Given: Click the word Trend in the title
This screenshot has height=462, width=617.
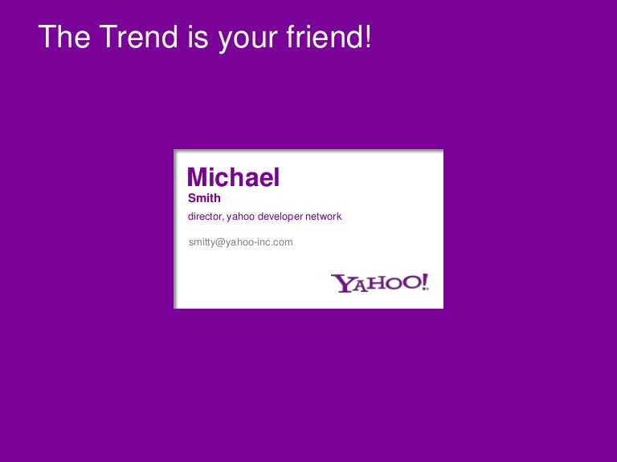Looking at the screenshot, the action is pos(138,37).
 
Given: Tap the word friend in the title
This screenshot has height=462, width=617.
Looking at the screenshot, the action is pos(323,37).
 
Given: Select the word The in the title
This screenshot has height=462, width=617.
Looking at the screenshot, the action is pos(64,37).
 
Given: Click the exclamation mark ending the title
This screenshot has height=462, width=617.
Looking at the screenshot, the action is pos(367,37).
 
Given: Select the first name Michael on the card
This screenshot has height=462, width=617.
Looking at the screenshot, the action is pos(233,177).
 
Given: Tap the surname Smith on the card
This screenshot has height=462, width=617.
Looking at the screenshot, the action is pos(204,198).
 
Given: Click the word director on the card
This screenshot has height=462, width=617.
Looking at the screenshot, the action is pos(205,217).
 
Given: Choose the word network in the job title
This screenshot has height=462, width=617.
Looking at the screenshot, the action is pos(324,217).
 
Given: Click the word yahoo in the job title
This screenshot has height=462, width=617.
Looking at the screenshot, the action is pos(240,217).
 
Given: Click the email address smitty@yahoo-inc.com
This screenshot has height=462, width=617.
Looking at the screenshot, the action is pos(241,242).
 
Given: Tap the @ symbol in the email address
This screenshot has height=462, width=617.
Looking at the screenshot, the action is pos(219,243).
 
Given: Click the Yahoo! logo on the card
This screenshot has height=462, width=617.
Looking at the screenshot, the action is pos(380,283).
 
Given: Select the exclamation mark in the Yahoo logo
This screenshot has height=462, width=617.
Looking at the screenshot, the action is pos(425,282).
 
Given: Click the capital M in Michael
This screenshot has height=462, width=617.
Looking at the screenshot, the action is pos(196,177).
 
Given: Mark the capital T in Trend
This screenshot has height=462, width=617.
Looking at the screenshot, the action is pos(108,37).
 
